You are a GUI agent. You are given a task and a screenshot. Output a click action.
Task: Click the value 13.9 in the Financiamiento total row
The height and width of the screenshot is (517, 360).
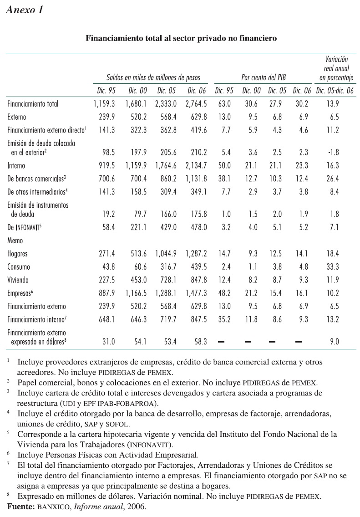[336, 104]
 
